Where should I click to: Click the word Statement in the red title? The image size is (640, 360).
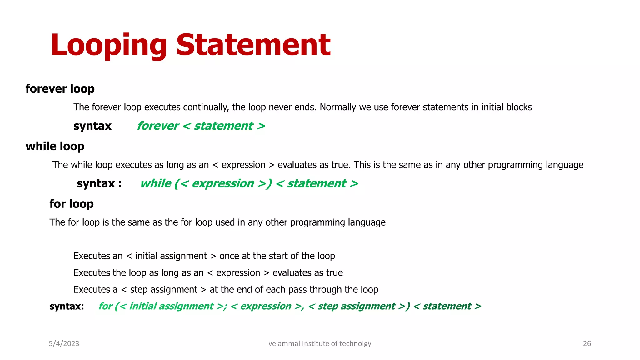tap(253, 45)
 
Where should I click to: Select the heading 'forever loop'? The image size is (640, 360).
tap(60, 89)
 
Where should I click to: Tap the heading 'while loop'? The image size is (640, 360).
tap(55, 146)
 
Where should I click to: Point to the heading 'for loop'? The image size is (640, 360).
tap(72, 204)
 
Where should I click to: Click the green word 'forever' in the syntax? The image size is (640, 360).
tap(158, 126)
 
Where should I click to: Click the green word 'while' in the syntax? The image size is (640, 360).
tap(156, 183)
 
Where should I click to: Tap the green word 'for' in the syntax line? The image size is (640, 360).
tap(105, 306)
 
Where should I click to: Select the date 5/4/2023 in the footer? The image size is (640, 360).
tap(64, 343)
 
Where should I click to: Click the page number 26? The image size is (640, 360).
tap(587, 343)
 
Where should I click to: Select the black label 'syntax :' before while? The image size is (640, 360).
tap(99, 183)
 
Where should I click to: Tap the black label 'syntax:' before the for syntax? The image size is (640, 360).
tap(67, 306)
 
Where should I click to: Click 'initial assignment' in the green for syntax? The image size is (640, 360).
tap(171, 306)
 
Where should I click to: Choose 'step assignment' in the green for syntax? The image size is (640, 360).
tap(356, 306)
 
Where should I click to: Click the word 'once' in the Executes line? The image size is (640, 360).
tap(229, 256)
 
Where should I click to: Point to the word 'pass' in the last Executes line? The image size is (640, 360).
tap(297, 290)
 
